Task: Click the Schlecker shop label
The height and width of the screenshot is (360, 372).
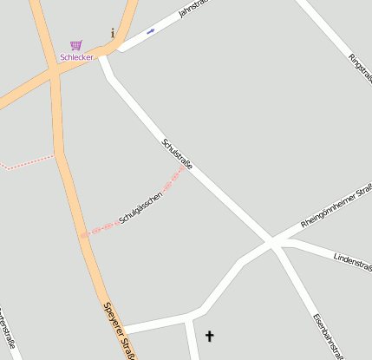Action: click(x=76, y=57)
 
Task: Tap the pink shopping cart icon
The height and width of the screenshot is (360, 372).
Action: click(x=76, y=45)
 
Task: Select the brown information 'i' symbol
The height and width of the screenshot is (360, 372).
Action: click(x=113, y=33)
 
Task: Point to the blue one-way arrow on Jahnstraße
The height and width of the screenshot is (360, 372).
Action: click(x=151, y=31)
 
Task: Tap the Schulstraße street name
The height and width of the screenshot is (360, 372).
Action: click(x=177, y=154)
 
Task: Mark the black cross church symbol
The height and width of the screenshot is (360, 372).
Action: click(x=208, y=336)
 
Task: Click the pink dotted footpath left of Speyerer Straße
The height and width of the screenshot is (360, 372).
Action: click(x=26, y=163)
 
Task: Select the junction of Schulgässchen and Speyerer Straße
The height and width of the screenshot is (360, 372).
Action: click(x=84, y=234)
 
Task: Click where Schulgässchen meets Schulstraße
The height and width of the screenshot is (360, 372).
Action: click(x=184, y=169)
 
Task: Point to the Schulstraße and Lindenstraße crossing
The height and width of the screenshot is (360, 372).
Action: click(x=276, y=243)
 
